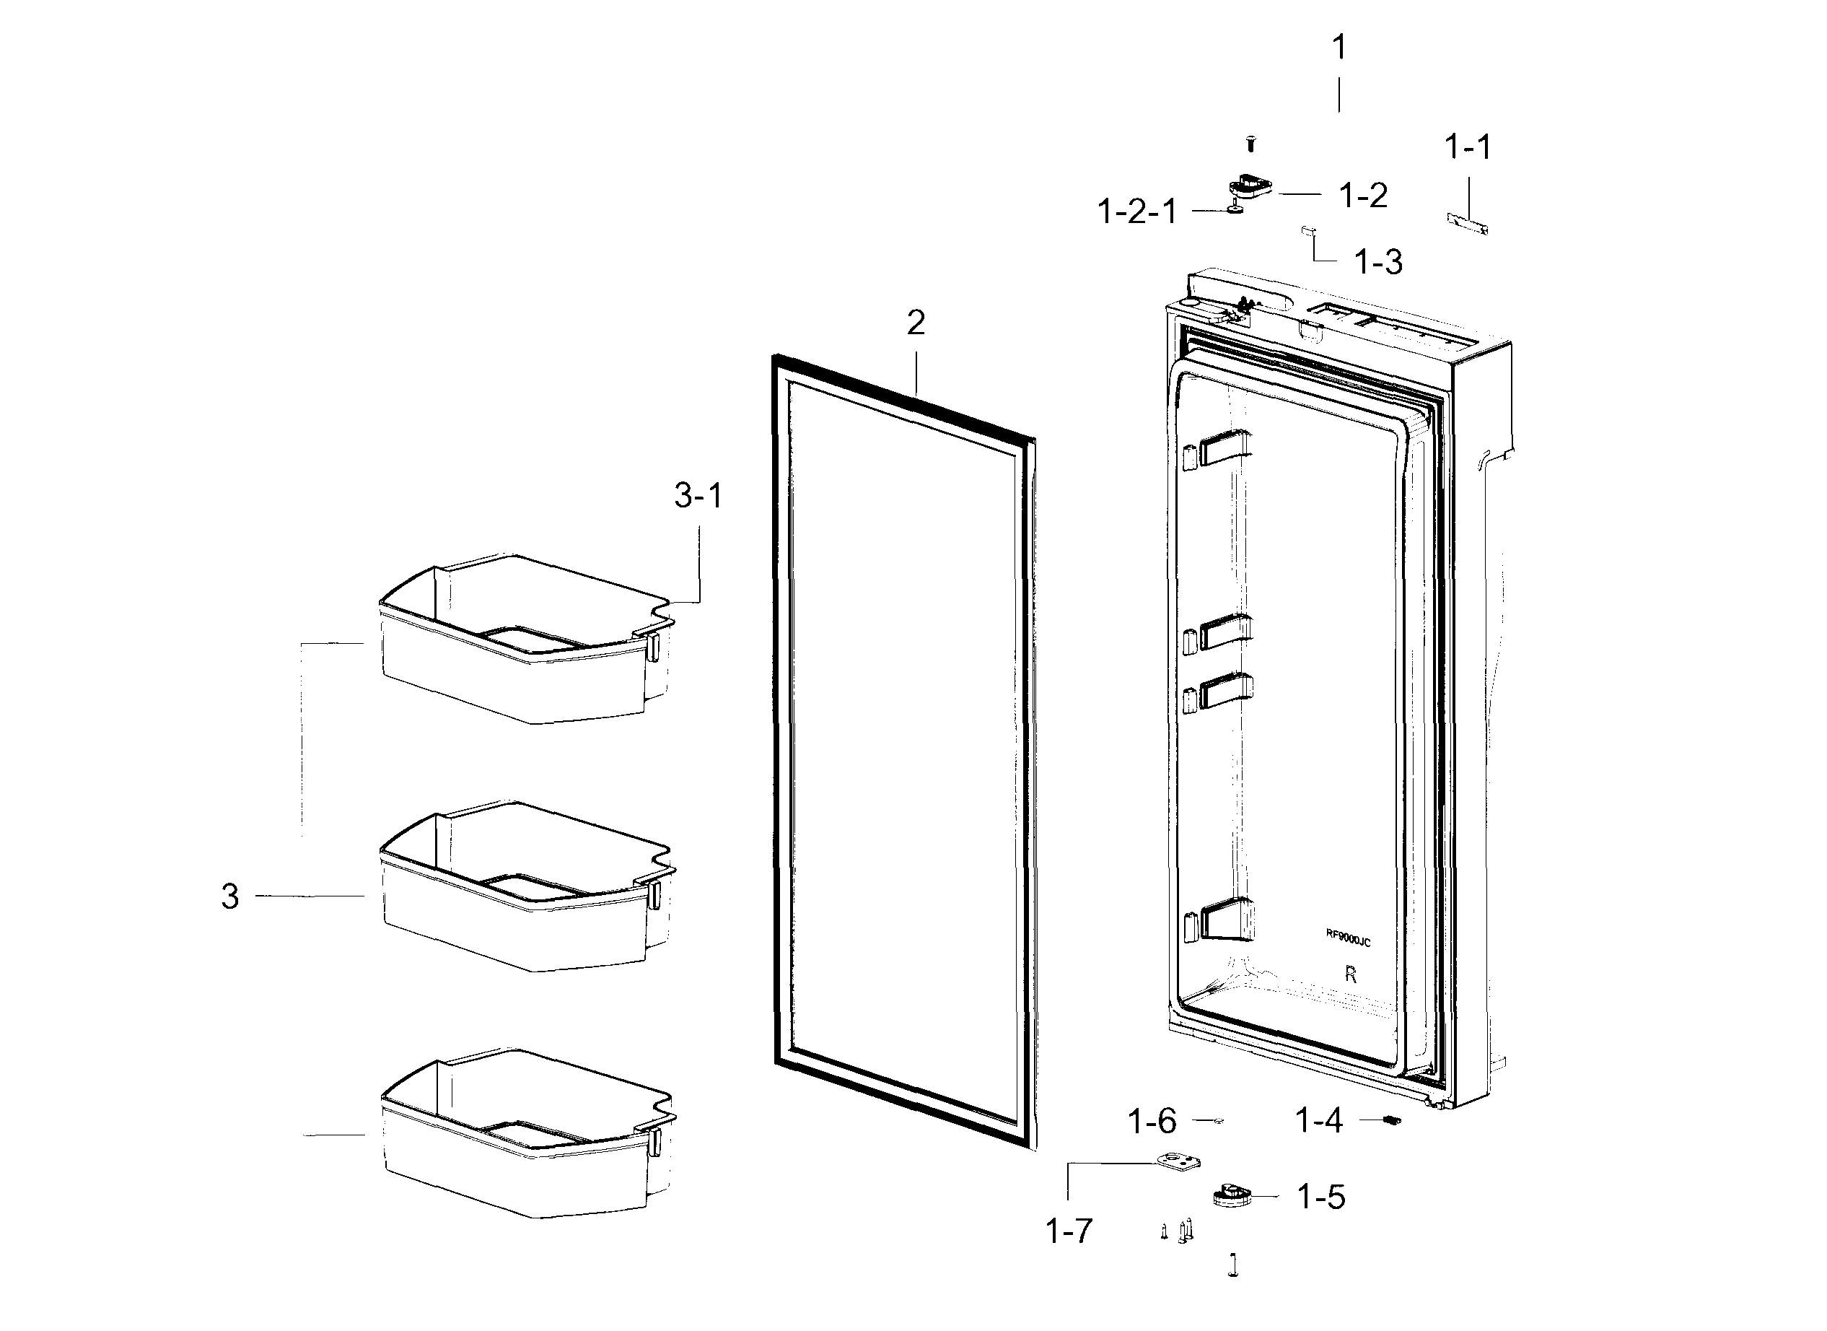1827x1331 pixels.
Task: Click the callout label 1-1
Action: [1468, 147]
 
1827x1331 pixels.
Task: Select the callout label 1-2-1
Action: [1136, 212]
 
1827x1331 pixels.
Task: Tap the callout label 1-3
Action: [1378, 263]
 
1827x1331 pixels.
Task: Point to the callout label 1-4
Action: [1319, 1121]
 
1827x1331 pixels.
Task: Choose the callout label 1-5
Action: [1321, 1197]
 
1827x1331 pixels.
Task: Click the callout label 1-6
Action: [1152, 1122]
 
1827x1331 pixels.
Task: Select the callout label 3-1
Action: [698, 495]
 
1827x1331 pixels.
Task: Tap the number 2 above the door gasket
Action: [916, 323]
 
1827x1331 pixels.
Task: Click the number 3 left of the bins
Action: [230, 896]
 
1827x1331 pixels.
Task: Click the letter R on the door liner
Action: [1351, 975]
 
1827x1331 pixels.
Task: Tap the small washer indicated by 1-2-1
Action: [1234, 209]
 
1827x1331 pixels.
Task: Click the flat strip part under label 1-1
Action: [1467, 223]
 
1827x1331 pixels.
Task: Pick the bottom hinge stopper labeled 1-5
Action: [1231, 1195]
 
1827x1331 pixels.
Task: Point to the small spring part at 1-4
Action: [1391, 1120]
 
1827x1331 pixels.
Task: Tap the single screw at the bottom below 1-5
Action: [1232, 1266]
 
